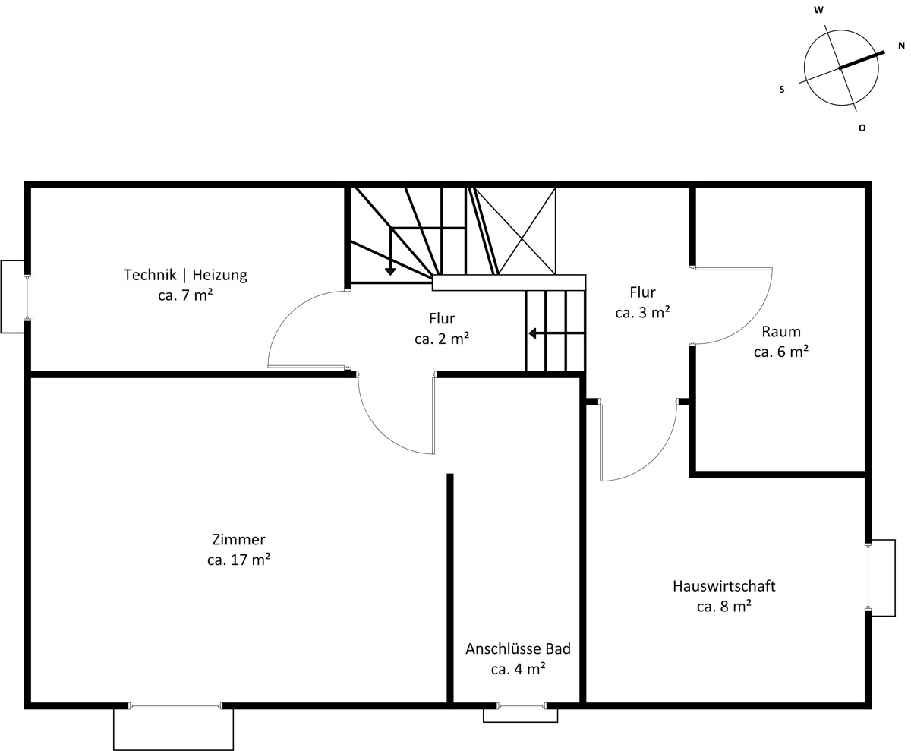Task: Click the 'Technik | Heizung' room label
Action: [x=185, y=275]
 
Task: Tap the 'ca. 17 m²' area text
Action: [x=238, y=560]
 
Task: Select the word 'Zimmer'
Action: [x=238, y=540]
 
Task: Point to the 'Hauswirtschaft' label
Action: [x=724, y=586]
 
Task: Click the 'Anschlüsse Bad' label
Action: [x=519, y=649]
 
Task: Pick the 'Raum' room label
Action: [x=781, y=332]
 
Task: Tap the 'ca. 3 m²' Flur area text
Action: [x=643, y=313]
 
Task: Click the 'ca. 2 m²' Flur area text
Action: [x=442, y=339]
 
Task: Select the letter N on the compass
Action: [x=901, y=46]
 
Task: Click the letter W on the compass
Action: [x=819, y=10]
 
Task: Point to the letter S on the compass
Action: [x=782, y=90]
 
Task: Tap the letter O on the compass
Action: [x=862, y=128]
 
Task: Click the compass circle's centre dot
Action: [x=840, y=68]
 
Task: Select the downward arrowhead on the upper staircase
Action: [x=390, y=271]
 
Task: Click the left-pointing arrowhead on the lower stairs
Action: [x=533, y=333]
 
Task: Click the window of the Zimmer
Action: [x=175, y=706]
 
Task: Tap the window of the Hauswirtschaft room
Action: [x=868, y=576]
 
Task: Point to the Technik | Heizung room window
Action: [x=27, y=297]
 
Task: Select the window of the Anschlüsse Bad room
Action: [x=522, y=706]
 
